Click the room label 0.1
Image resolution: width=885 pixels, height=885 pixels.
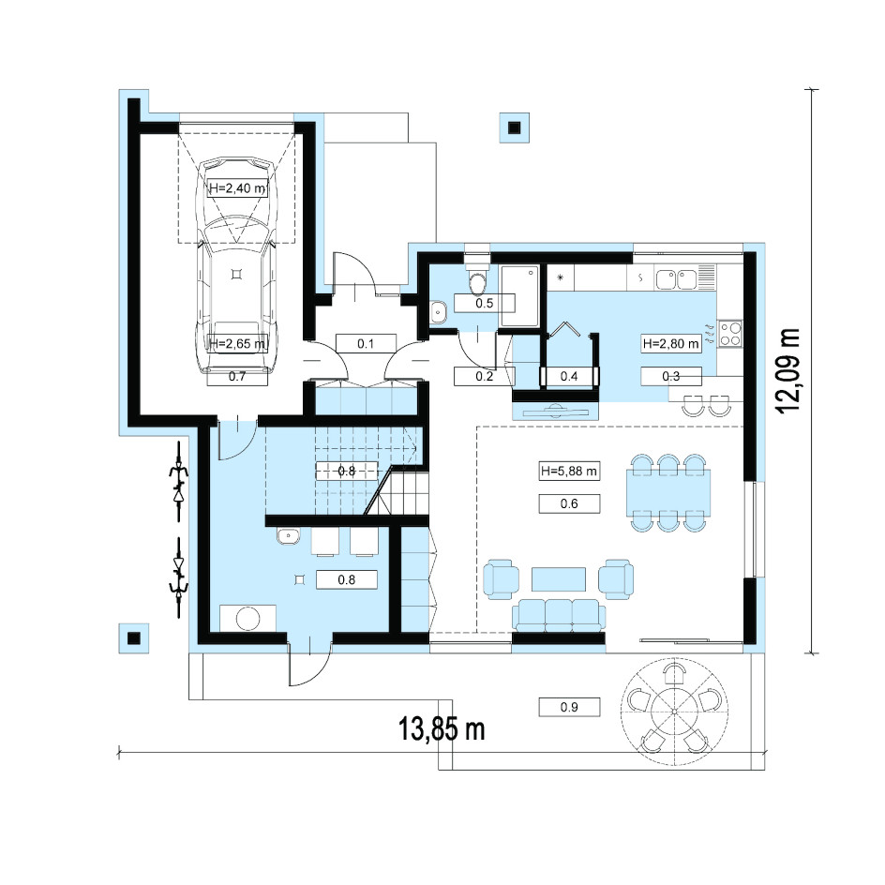point(366,343)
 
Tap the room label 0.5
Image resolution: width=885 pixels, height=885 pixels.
point(485,303)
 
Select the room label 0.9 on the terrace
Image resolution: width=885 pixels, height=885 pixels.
point(569,707)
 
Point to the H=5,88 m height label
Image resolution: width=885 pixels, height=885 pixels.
point(569,471)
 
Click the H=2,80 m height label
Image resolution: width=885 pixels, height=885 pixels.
point(671,343)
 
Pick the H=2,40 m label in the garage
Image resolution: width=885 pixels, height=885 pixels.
point(237,187)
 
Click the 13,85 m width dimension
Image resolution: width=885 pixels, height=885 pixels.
point(442,728)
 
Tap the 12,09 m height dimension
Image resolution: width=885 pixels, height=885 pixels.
point(788,371)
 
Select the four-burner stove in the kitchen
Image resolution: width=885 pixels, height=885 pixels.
point(729,333)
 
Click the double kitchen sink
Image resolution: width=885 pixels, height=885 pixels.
point(676,278)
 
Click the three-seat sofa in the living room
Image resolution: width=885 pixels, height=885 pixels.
point(559,614)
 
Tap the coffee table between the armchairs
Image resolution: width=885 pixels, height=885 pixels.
point(558,579)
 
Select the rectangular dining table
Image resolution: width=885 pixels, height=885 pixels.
point(668,493)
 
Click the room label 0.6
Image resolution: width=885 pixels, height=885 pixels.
point(569,503)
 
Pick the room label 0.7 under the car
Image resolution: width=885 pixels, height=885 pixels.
point(237,377)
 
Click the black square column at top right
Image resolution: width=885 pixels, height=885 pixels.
point(514,128)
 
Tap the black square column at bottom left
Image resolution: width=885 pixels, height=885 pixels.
point(134,638)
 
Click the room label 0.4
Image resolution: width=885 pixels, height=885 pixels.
point(569,376)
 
